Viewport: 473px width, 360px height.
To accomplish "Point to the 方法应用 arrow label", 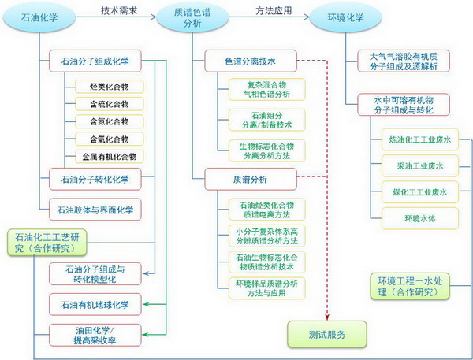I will coord(272,10).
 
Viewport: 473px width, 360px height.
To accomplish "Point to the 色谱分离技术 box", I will coord(251,60).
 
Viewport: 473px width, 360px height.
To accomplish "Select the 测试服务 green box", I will coord(327,333).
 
